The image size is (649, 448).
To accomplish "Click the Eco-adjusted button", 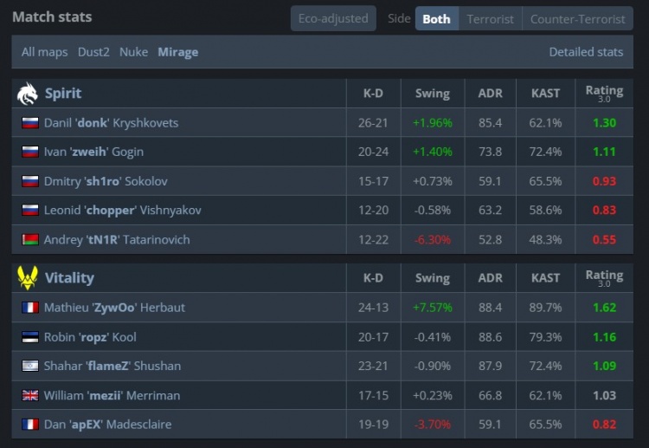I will tap(332, 18).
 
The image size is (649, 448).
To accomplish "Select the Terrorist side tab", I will tap(490, 18).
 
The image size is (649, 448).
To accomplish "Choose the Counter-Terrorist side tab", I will tap(577, 18).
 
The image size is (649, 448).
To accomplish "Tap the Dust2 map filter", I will tap(94, 52).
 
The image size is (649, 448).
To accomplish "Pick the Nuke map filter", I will tap(133, 52).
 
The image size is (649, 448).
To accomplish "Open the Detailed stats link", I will tap(586, 52).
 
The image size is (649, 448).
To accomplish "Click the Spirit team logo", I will tap(27, 93).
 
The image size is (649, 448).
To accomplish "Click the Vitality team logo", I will tap(27, 278).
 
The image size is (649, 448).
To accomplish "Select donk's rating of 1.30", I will tap(604, 123).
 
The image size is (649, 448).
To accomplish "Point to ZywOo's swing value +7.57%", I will tap(432, 308).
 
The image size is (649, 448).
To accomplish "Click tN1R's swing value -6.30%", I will tap(432, 240).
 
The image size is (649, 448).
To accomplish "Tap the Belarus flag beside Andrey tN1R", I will tap(30, 240).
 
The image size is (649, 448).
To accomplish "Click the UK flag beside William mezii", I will tap(30, 395).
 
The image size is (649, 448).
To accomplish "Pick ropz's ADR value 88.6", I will tap(490, 337).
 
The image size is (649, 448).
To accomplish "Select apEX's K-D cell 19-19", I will tap(373, 425).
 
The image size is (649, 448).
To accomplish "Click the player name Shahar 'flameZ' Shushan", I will tap(112, 366).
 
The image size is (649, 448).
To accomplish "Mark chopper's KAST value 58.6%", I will tap(545, 211).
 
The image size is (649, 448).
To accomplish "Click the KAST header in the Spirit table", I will tap(545, 93).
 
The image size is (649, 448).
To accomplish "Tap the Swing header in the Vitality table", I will tap(432, 278).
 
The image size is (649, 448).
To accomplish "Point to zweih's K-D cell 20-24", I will tap(373, 153).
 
